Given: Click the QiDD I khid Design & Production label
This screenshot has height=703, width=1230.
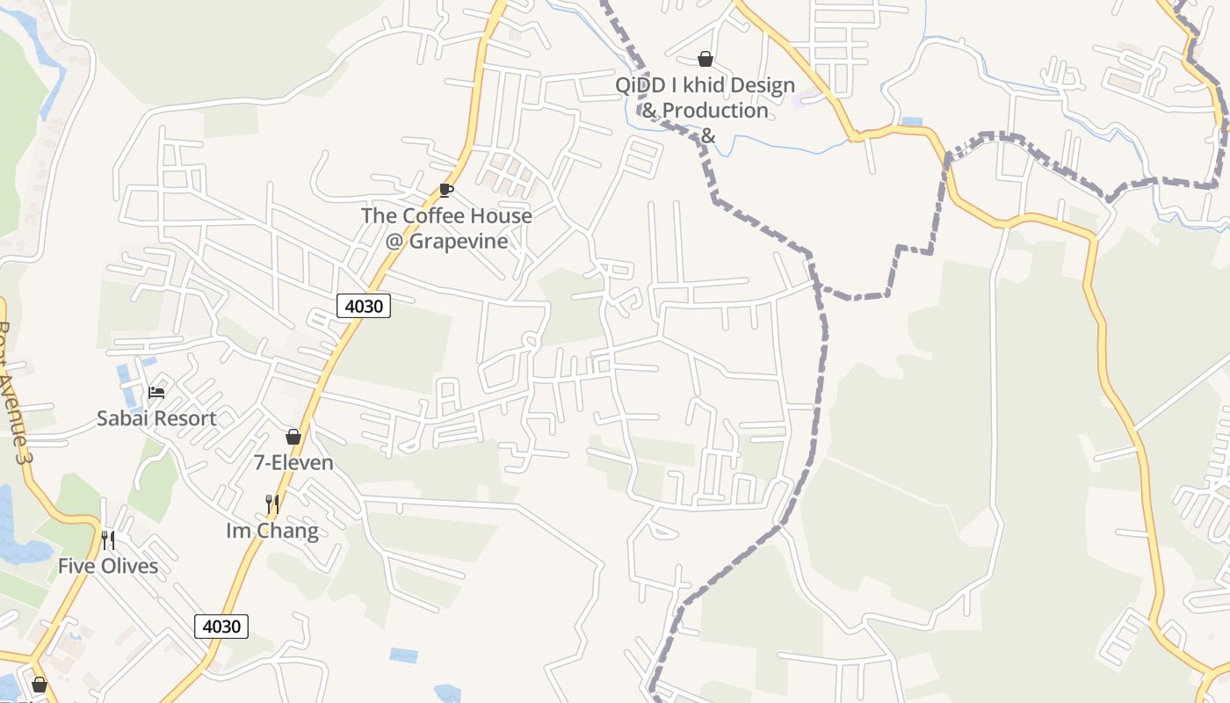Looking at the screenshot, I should pos(705,98).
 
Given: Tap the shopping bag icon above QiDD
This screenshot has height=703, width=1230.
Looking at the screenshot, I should pos(705,59).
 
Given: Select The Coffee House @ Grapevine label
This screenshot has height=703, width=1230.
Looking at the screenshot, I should pos(446,228).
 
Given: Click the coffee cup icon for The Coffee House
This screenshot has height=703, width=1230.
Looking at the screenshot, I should pos(446,190).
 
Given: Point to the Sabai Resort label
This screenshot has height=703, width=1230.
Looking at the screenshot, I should pos(156,418).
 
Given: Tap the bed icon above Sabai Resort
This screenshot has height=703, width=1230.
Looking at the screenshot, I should pos(156,392).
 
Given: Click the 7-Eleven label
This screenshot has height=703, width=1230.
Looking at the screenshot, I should pos(293,462).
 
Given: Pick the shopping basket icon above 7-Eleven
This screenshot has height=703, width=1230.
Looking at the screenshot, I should pos(293,437).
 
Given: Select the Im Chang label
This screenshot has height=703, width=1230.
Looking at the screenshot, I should pos(272,531).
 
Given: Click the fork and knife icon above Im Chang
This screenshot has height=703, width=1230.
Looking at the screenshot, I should pos(272,504).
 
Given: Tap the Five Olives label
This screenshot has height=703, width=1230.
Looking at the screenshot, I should pos(108,566).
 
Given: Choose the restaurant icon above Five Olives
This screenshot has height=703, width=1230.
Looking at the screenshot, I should pos(108,540).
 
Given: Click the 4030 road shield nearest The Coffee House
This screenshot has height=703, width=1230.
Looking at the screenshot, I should pos(363,306).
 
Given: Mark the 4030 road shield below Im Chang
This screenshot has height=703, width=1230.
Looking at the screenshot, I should pos(221,627).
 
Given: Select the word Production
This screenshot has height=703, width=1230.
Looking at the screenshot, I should pos(715,111).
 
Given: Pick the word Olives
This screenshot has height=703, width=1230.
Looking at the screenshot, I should pos(129,566).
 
